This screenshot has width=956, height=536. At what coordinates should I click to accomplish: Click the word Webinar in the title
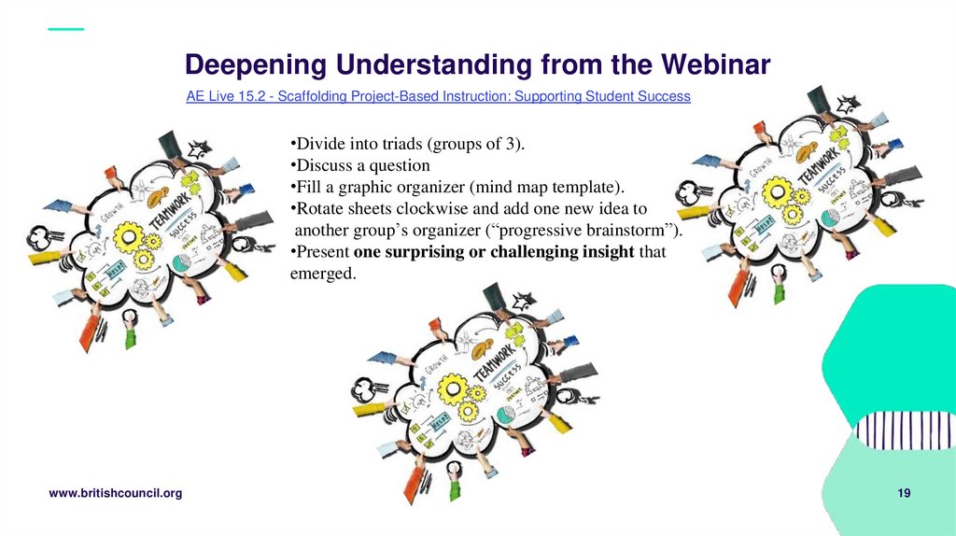716,64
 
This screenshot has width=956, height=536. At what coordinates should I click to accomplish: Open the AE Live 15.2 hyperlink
438,96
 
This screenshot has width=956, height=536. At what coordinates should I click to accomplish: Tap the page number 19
904,493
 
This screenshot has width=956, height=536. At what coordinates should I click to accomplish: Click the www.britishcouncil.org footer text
115,493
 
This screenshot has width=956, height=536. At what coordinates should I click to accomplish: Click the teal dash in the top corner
65,29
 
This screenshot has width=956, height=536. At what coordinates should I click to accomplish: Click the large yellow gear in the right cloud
777,192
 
